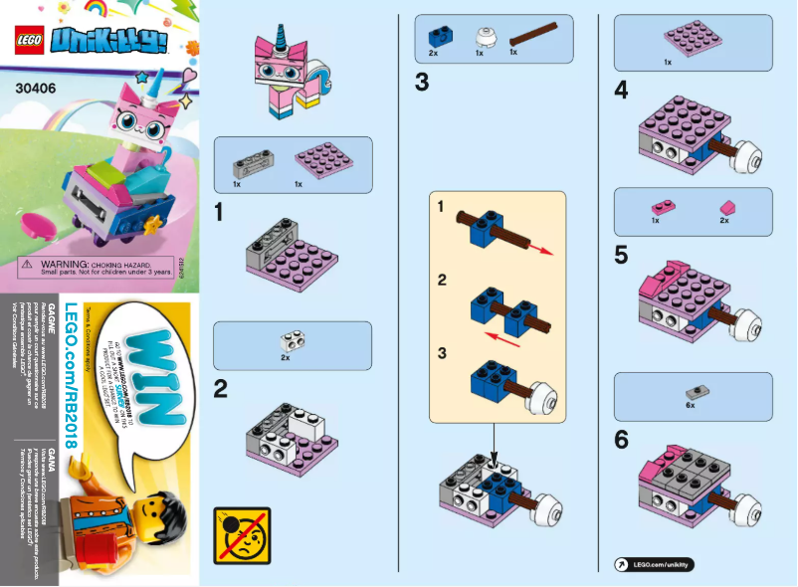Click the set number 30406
pyautogui.click(x=36, y=86)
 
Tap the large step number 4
pyautogui.click(x=621, y=91)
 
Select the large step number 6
pyautogui.click(x=621, y=439)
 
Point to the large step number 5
pyautogui.click(x=621, y=256)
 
